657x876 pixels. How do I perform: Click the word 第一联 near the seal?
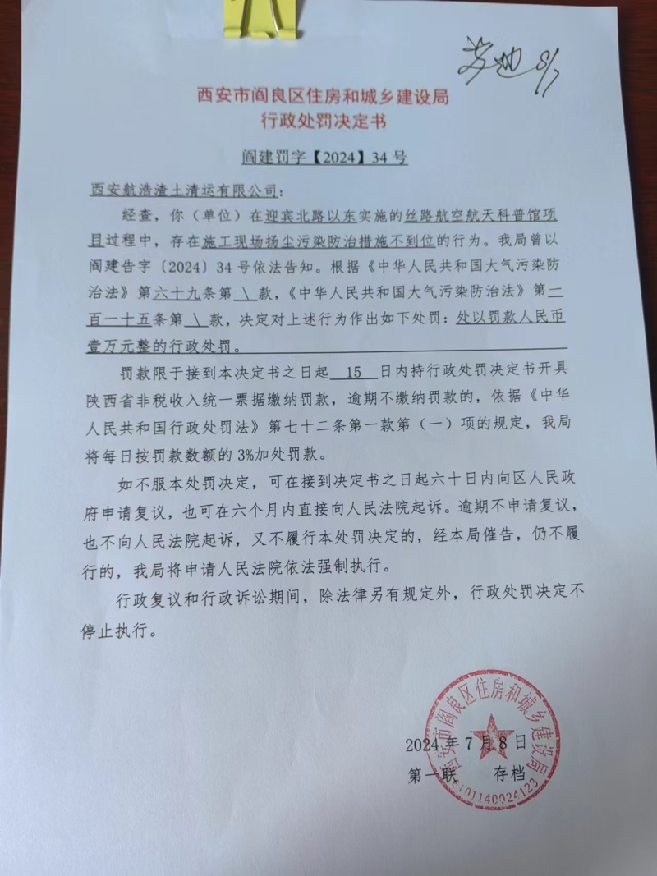point(430,773)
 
